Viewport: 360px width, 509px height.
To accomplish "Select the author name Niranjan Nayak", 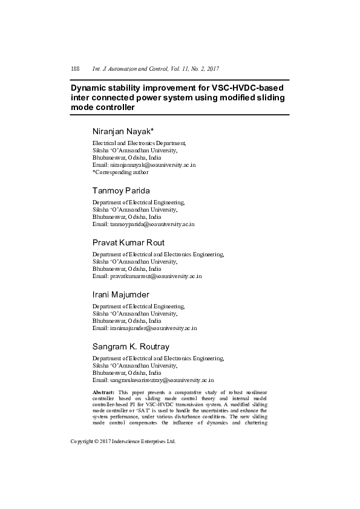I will click(x=122, y=132).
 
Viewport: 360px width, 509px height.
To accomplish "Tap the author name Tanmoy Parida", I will click(x=121, y=190).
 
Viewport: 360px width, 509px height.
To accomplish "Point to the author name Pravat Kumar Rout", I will click(x=128, y=242).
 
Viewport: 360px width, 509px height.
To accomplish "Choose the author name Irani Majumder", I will click(x=120, y=294).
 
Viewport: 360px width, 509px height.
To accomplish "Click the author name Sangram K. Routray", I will click(x=131, y=346).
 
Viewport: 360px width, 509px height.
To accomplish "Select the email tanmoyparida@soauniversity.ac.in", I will click(x=152, y=224).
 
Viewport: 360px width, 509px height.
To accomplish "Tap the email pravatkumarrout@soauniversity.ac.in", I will click(x=155, y=276).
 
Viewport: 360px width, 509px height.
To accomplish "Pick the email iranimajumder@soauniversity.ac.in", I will click(x=153, y=328).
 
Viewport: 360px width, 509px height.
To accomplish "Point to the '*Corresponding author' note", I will click(x=120, y=172).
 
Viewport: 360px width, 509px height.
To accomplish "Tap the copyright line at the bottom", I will click(x=123, y=441).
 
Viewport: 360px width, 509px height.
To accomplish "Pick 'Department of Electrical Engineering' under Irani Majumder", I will click(x=139, y=306).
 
